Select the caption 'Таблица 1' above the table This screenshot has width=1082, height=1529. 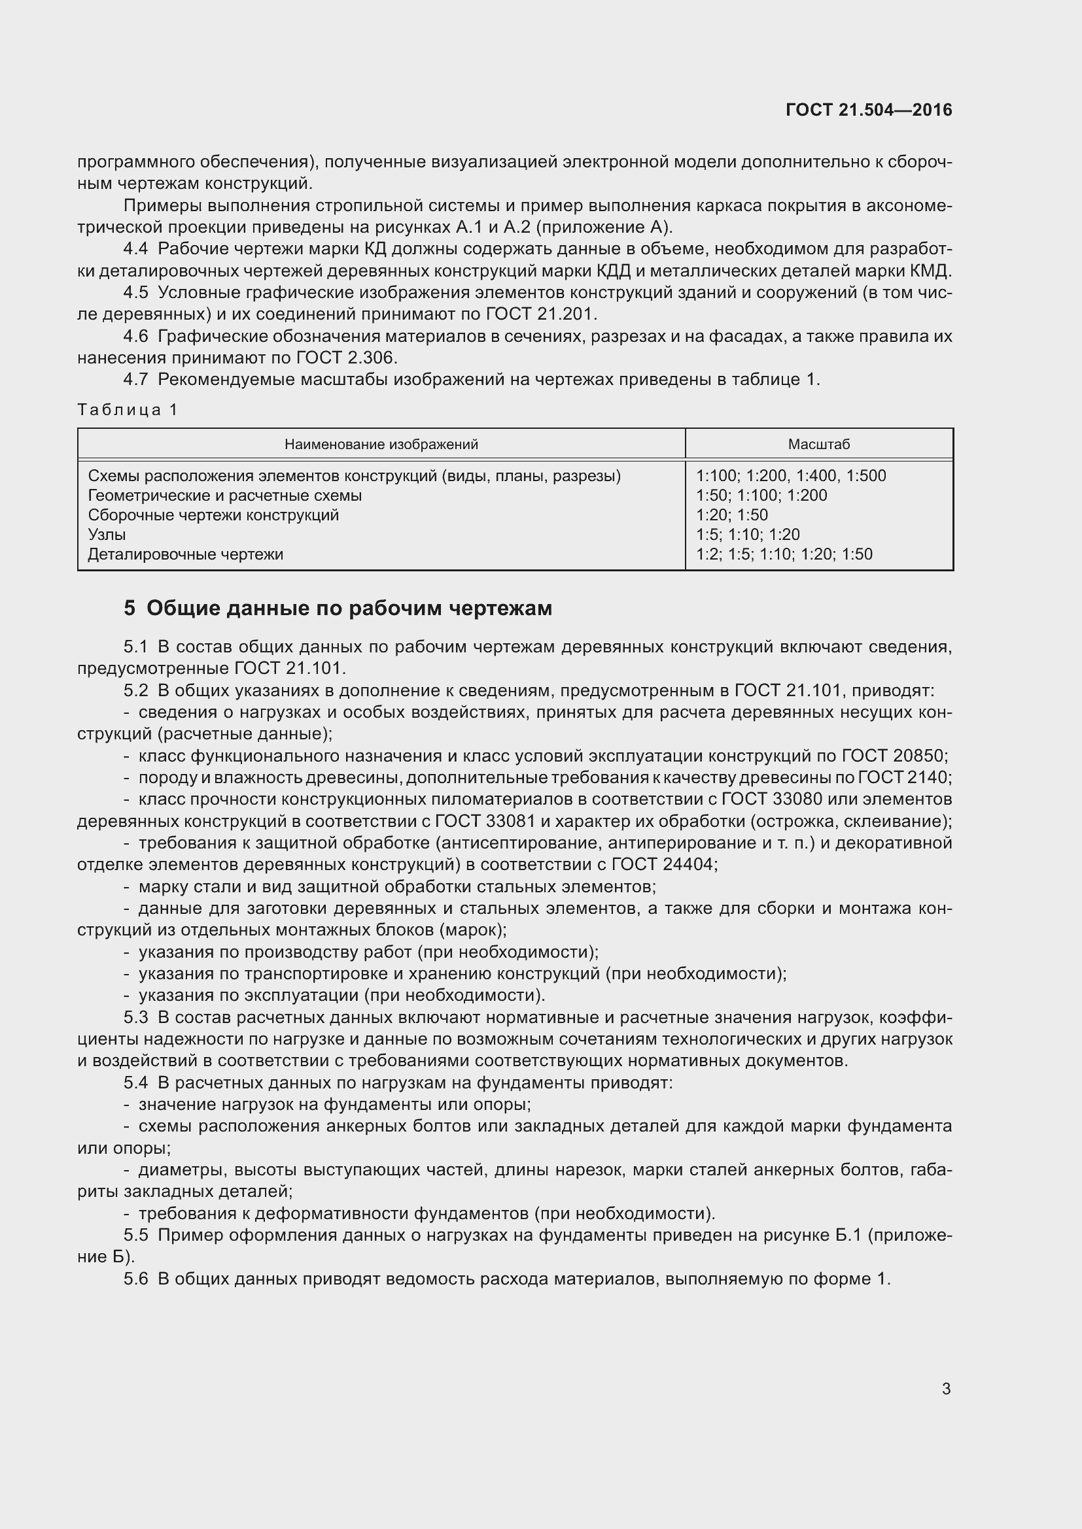(x=128, y=410)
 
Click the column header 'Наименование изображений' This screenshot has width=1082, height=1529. (x=381, y=444)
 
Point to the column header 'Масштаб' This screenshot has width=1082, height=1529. (x=819, y=444)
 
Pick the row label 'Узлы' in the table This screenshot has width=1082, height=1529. (x=107, y=535)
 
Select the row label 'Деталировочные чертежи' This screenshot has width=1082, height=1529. (x=185, y=554)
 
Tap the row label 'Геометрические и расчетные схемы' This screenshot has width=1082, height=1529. (x=224, y=496)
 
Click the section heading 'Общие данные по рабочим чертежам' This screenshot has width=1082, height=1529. (x=349, y=608)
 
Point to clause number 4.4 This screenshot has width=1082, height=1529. (x=135, y=249)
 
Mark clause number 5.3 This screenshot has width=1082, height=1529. (x=135, y=1018)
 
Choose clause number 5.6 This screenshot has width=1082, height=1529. (x=135, y=1279)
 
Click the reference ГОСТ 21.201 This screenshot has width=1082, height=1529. (x=541, y=314)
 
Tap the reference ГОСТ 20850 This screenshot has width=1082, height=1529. (x=894, y=756)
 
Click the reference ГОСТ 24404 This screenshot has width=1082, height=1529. (x=664, y=865)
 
